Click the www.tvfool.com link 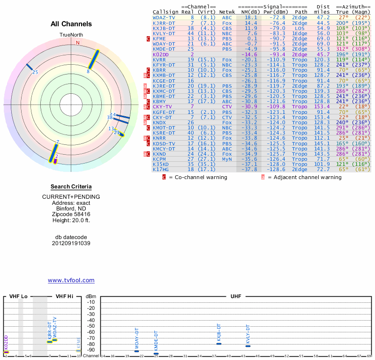click(x=71, y=280)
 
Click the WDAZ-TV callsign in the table click(x=164, y=17)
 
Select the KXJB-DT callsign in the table click(x=164, y=28)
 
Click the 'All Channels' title click(x=71, y=24)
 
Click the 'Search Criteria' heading click(x=71, y=187)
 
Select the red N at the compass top click(x=78, y=43)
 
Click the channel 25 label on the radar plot click(x=35, y=72)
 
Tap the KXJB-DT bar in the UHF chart click(x=219, y=344)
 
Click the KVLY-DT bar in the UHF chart click(x=248, y=346)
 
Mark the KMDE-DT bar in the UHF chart click(x=156, y=353)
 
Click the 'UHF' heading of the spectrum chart click(x=235, y=296)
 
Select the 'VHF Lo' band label click(x=18, y=296)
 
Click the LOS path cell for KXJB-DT click(x=300, y=28)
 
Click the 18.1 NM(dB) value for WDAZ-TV click(x=250, y=17)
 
